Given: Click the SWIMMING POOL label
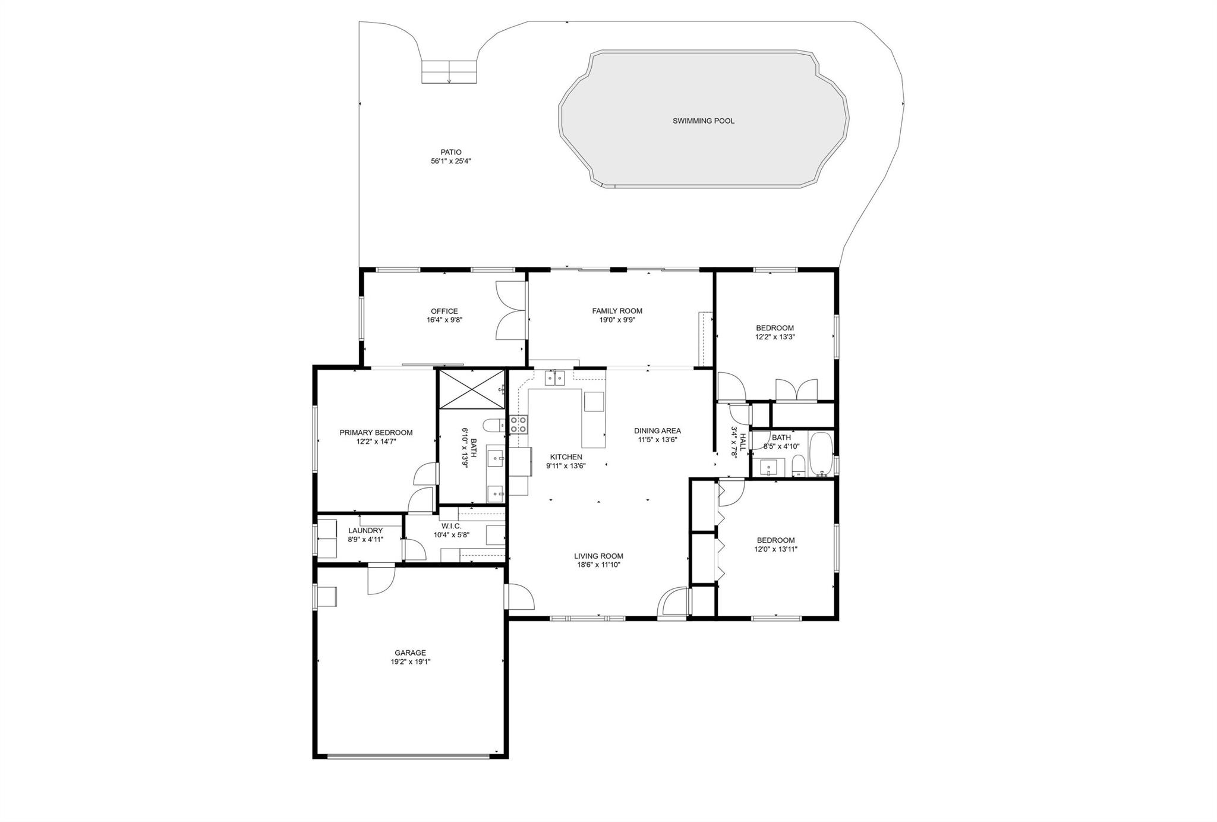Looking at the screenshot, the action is tap(703, 121).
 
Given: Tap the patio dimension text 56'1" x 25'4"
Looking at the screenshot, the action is tap(451, 161).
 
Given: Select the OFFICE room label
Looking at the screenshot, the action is tap(444, 311).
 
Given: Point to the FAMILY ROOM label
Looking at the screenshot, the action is tap(617, 311).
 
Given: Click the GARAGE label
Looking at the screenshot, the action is tap(410, 653).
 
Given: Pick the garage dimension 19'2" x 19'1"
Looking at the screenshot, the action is tap(411, 662).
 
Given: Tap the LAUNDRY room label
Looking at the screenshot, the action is tap(365, 531).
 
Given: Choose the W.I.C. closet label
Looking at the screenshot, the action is tap(452, 526).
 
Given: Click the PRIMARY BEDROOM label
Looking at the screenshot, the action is tap(376, 433).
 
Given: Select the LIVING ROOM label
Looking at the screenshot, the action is tap(598, 556).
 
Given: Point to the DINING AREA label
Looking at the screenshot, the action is tap(657, 431).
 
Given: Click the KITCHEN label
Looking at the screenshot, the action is tap(566, 457).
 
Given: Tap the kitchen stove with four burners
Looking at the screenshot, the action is tap(518, 424).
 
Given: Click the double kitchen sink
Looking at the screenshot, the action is tap(555, 377).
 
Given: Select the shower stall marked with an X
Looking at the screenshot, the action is tap(471, 389).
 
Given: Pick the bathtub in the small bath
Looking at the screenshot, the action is tap(822, 454).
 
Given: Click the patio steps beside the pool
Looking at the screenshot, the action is tap(449, 72).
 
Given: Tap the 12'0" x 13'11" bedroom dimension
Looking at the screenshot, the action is tap(775, 549).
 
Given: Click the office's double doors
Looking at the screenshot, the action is tap(510, 310).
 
